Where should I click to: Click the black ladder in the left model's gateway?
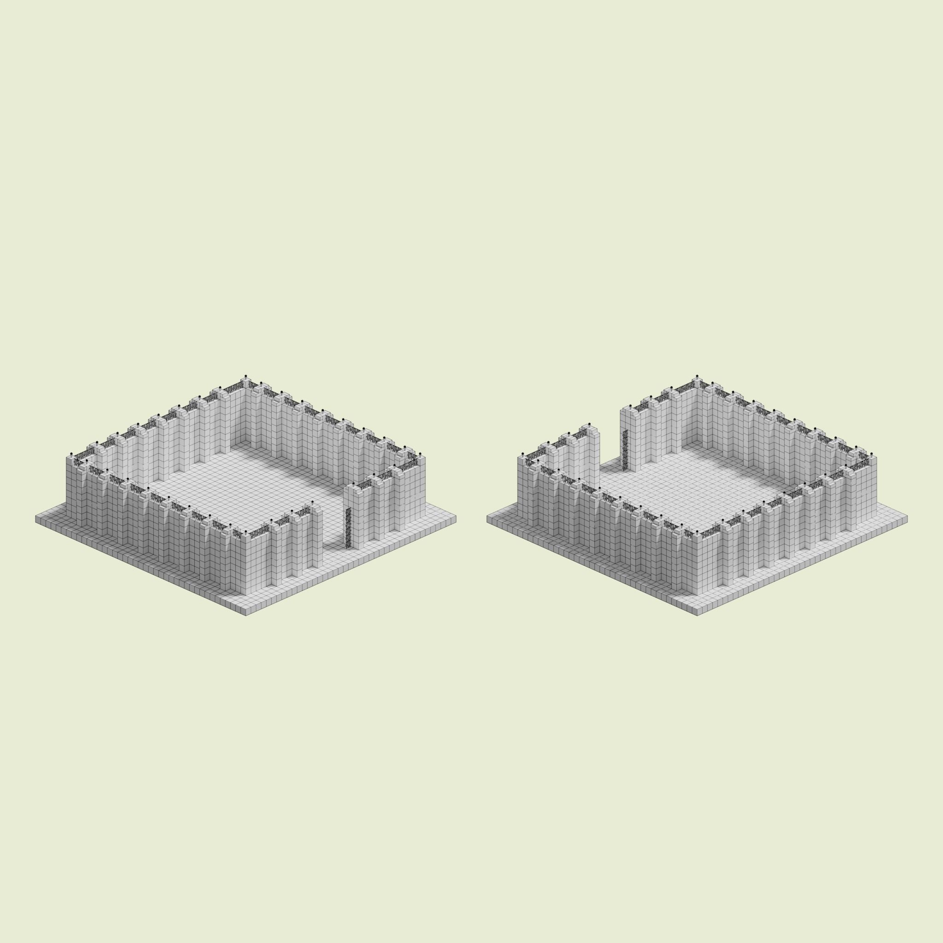pyautogui.click(x=348, y=528)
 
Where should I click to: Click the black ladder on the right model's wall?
pyautogui.click(x=624, y=449)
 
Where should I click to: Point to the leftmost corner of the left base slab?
pyautogui.click(x=35, y=518)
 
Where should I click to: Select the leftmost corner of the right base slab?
pyautogui.click(x=487, y=518)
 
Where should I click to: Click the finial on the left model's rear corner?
pyautogui.click(x=245, y=376)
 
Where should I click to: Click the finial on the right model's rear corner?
pyautogui.click(x=697, y=376)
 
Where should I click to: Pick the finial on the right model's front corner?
pyautogui.click(x=697, y=532)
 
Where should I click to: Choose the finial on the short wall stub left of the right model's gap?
pyautogui.click(x=589, y=424)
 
